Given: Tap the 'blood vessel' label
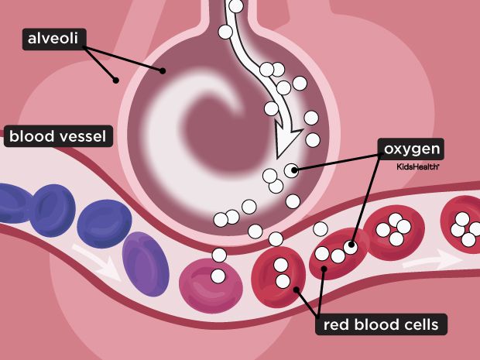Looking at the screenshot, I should pos(59,138).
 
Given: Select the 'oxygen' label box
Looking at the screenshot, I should pos(410,148).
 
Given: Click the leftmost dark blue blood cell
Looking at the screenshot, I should pos(10,207).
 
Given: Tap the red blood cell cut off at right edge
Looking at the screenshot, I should pos(462,225).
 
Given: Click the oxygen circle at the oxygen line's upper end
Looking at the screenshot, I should pos(291,170).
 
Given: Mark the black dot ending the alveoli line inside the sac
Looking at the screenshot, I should pos(163,71).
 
